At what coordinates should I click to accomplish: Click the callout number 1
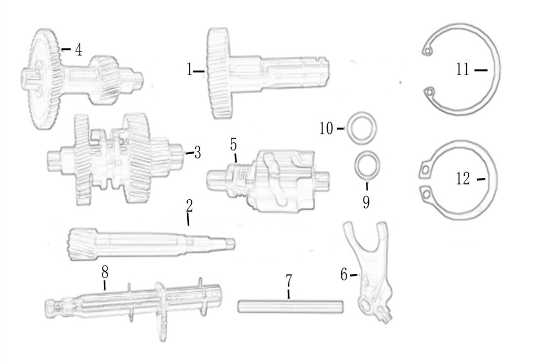pyautogui.click(x=189, y=70)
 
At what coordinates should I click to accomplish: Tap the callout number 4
pyautogui.click(x=79, y=50)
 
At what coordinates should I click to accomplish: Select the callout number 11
pyautogui.click(x=463, y=70)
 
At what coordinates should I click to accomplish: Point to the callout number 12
pyautogui.click(x=463, y=179)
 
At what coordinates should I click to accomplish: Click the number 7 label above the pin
pyautogui.click(x=289, y=281)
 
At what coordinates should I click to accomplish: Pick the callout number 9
pyautogui.click(x=367, y=202)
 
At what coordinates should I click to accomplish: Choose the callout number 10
pyautogui.click(x=326, y=129)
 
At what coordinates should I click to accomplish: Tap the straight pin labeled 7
pyautogui.click(x=291, y=306)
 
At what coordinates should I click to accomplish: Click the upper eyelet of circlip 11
pyautogui.click(x=427, y=51)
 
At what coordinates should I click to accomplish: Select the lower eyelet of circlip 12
pyautogui.click(x=426, y=194)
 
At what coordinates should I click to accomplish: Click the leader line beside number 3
pyautogui.click(x=190, y=153)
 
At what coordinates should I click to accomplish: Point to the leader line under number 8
pyautogui.click(x=105, y=284)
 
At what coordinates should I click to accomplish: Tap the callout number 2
pyautogui.click(x=189, y=206)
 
